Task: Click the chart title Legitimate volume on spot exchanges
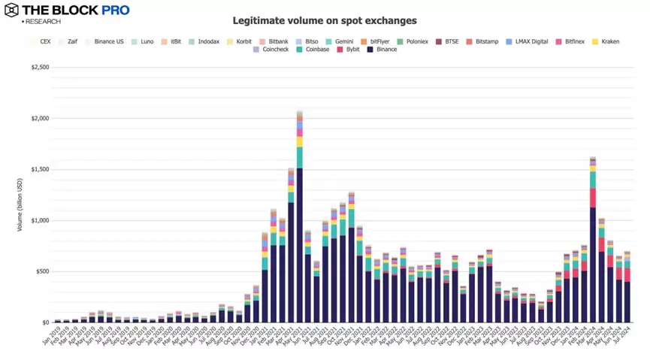[x=325, y=21]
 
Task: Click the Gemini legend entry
[x=341, y=41]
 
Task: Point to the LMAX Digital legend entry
[x=531, y=41]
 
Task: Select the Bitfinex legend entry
[x=574, y=41]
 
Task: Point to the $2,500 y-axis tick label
[x=40, y=67]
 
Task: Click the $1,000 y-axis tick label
[x=40, y=220]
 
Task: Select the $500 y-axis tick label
[x=42, y=271]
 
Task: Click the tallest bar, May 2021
[x=299, y=225]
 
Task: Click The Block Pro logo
[x=67, y=11]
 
